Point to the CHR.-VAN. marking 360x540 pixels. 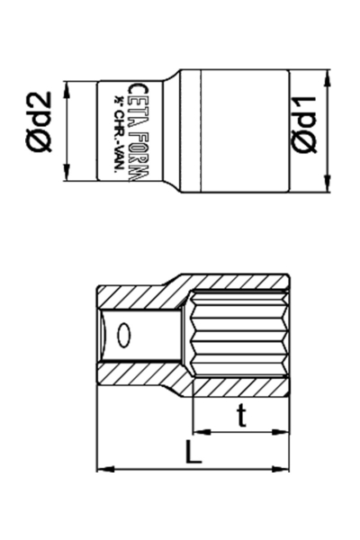(x=117, y=132)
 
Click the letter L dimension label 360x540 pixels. (x=193, y=453)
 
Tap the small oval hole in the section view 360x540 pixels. (x=124, y=337)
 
